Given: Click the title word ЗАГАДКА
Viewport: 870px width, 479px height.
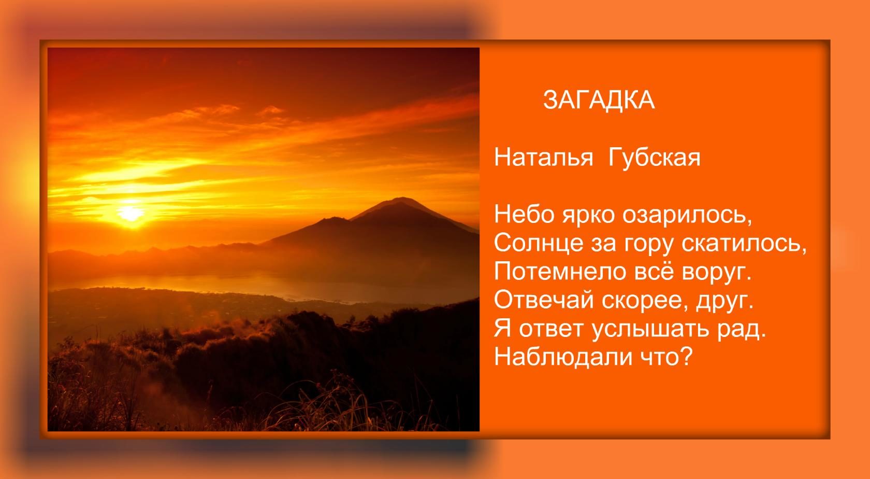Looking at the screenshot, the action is pos(599,101).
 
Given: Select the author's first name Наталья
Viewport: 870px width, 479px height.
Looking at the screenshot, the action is pos(544,158).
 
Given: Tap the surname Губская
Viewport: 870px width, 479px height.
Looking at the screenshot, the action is pos(655,158).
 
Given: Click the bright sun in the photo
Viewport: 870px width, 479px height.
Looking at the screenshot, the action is pos(131,213).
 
